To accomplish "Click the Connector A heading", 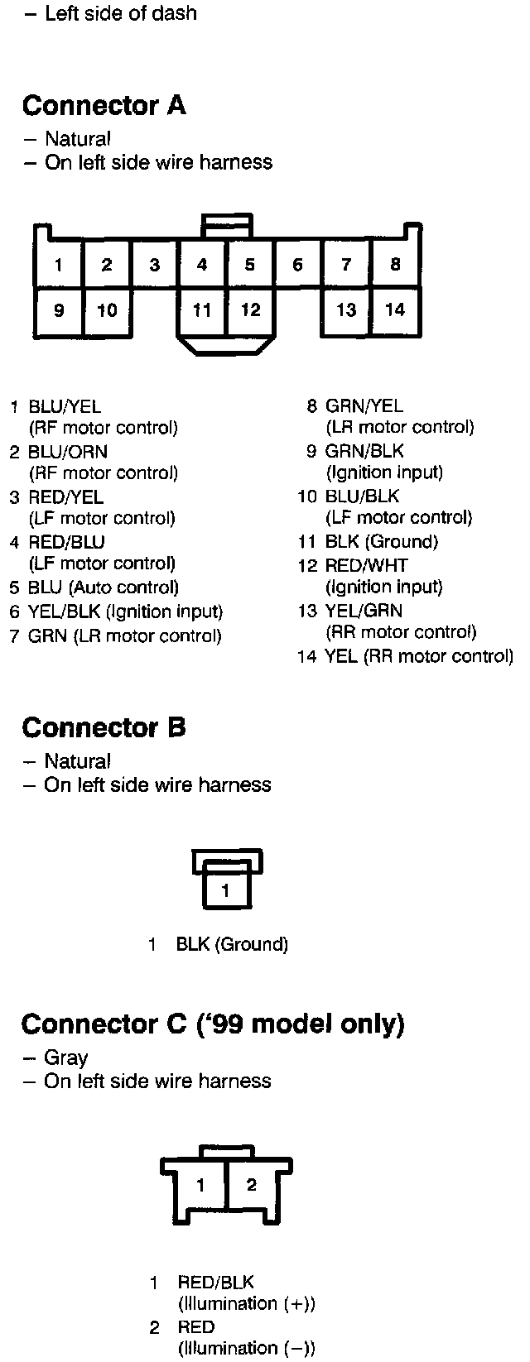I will [x=104, y=106].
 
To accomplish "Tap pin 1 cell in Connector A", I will [x=59, y=265].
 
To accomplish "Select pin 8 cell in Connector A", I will [x=396, y=264].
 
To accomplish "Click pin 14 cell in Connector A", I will [x=396, y=309].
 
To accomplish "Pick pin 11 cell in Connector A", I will [x=202, y=309].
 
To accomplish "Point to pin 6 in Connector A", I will [x=298, y=265].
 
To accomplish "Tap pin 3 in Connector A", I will [x=155, y=265].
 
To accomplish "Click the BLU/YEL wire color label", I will [x=65, y=406].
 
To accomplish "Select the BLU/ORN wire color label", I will [x=68, y=452].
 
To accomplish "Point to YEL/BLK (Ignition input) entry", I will [x=125, y=611].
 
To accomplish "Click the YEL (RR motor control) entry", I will [x=419, y=656].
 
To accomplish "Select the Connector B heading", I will [x=104, y=728].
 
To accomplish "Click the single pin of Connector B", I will [x=226, y=891].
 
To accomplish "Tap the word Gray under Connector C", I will [x=66, y=1057].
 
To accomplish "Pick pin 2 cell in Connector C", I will [x=252, y=1184].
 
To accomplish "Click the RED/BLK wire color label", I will [x=215, y=1283].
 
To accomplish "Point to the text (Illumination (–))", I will [x=247, y=1348].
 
